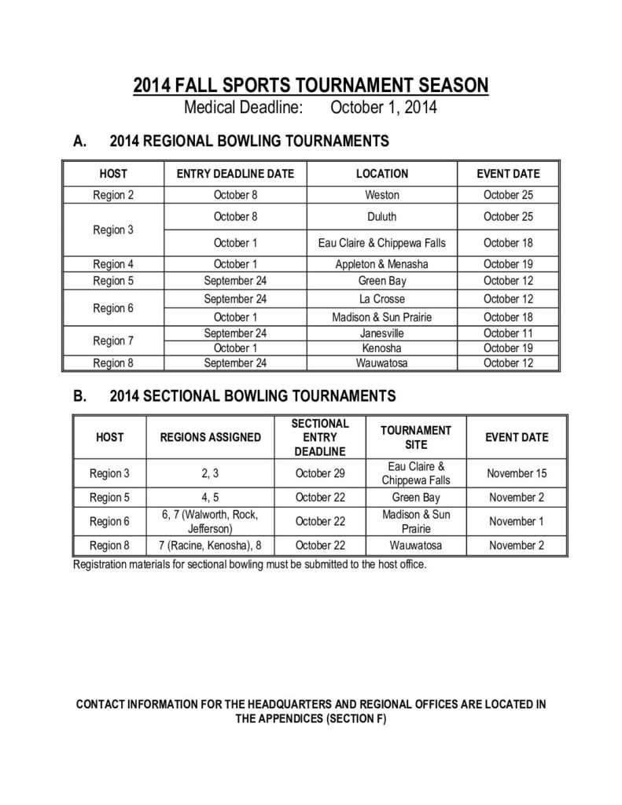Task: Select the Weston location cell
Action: coord(382,195)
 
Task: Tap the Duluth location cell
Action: coord(382,216)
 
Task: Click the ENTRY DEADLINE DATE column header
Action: coord(235,174)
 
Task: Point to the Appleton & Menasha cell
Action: coord(382,265)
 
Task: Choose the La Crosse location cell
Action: coord(382,300)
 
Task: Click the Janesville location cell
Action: coord(382,333)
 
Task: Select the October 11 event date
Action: coord(508,333)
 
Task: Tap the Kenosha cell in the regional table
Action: coord(382,347)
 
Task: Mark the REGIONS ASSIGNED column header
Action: coord(210,437)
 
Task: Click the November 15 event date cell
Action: coord(517,474)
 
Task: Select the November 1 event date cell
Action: coord(517,521)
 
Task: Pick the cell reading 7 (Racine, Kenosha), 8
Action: coord(210,545)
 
